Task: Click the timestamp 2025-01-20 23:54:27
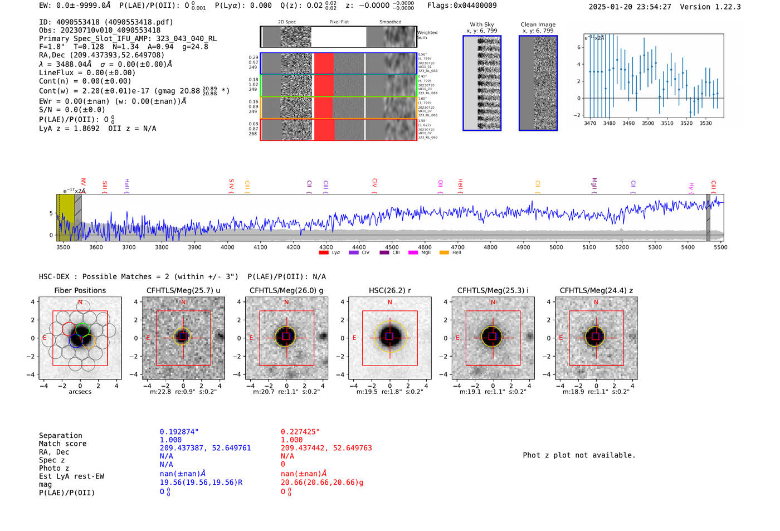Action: click(630, 7)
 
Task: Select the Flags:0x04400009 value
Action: click(462, 6)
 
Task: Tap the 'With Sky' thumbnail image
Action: click(482, 83)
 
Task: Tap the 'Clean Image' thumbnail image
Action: click(538, 83)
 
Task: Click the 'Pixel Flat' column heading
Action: click(339, 22)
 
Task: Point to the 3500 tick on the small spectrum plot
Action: click(648, 123)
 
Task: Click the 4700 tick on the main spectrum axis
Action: click(457, 247)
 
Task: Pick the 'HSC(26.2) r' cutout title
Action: click(390, 290)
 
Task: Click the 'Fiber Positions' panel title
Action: click(80, 290)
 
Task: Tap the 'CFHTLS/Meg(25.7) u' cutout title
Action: click(183, 290)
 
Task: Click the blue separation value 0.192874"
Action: click(179, 432)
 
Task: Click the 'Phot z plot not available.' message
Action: click(579, 455)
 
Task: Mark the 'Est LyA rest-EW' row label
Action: click(71, 476)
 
